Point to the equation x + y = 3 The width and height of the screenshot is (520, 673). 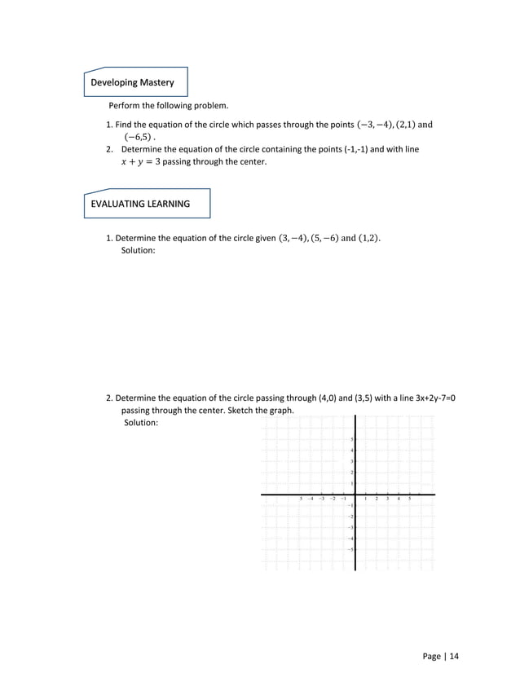(x=140, y=162)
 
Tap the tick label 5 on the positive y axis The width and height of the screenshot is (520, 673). (x=351, y=440)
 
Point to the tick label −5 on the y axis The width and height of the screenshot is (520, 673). (x=350, y=550)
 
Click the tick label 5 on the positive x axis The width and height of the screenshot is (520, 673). (x=409, y=499)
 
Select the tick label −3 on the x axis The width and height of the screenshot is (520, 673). (x=322, y=499)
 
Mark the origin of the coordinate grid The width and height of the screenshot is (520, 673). (x=355, y=495)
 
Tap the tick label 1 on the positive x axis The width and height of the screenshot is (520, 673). (x=366, y=499)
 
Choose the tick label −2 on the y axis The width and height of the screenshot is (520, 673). (x=350, y=517)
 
